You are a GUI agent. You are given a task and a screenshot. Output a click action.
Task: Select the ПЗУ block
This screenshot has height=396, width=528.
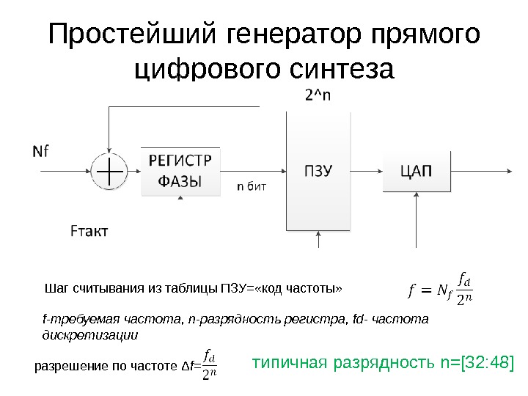click(319, 172)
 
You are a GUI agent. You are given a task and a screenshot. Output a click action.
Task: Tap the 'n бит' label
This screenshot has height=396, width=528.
click(251, 186)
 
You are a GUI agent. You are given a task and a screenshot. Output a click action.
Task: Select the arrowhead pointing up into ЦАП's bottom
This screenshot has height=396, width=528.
click(416, 197)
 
